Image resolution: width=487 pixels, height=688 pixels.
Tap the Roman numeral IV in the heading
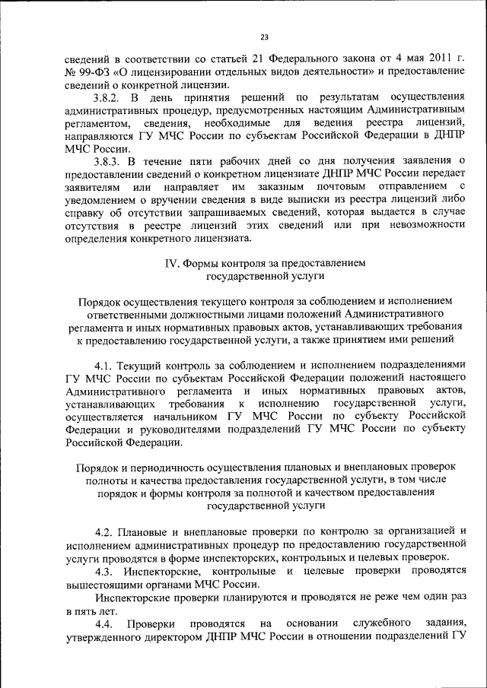[x=172, y=262]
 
